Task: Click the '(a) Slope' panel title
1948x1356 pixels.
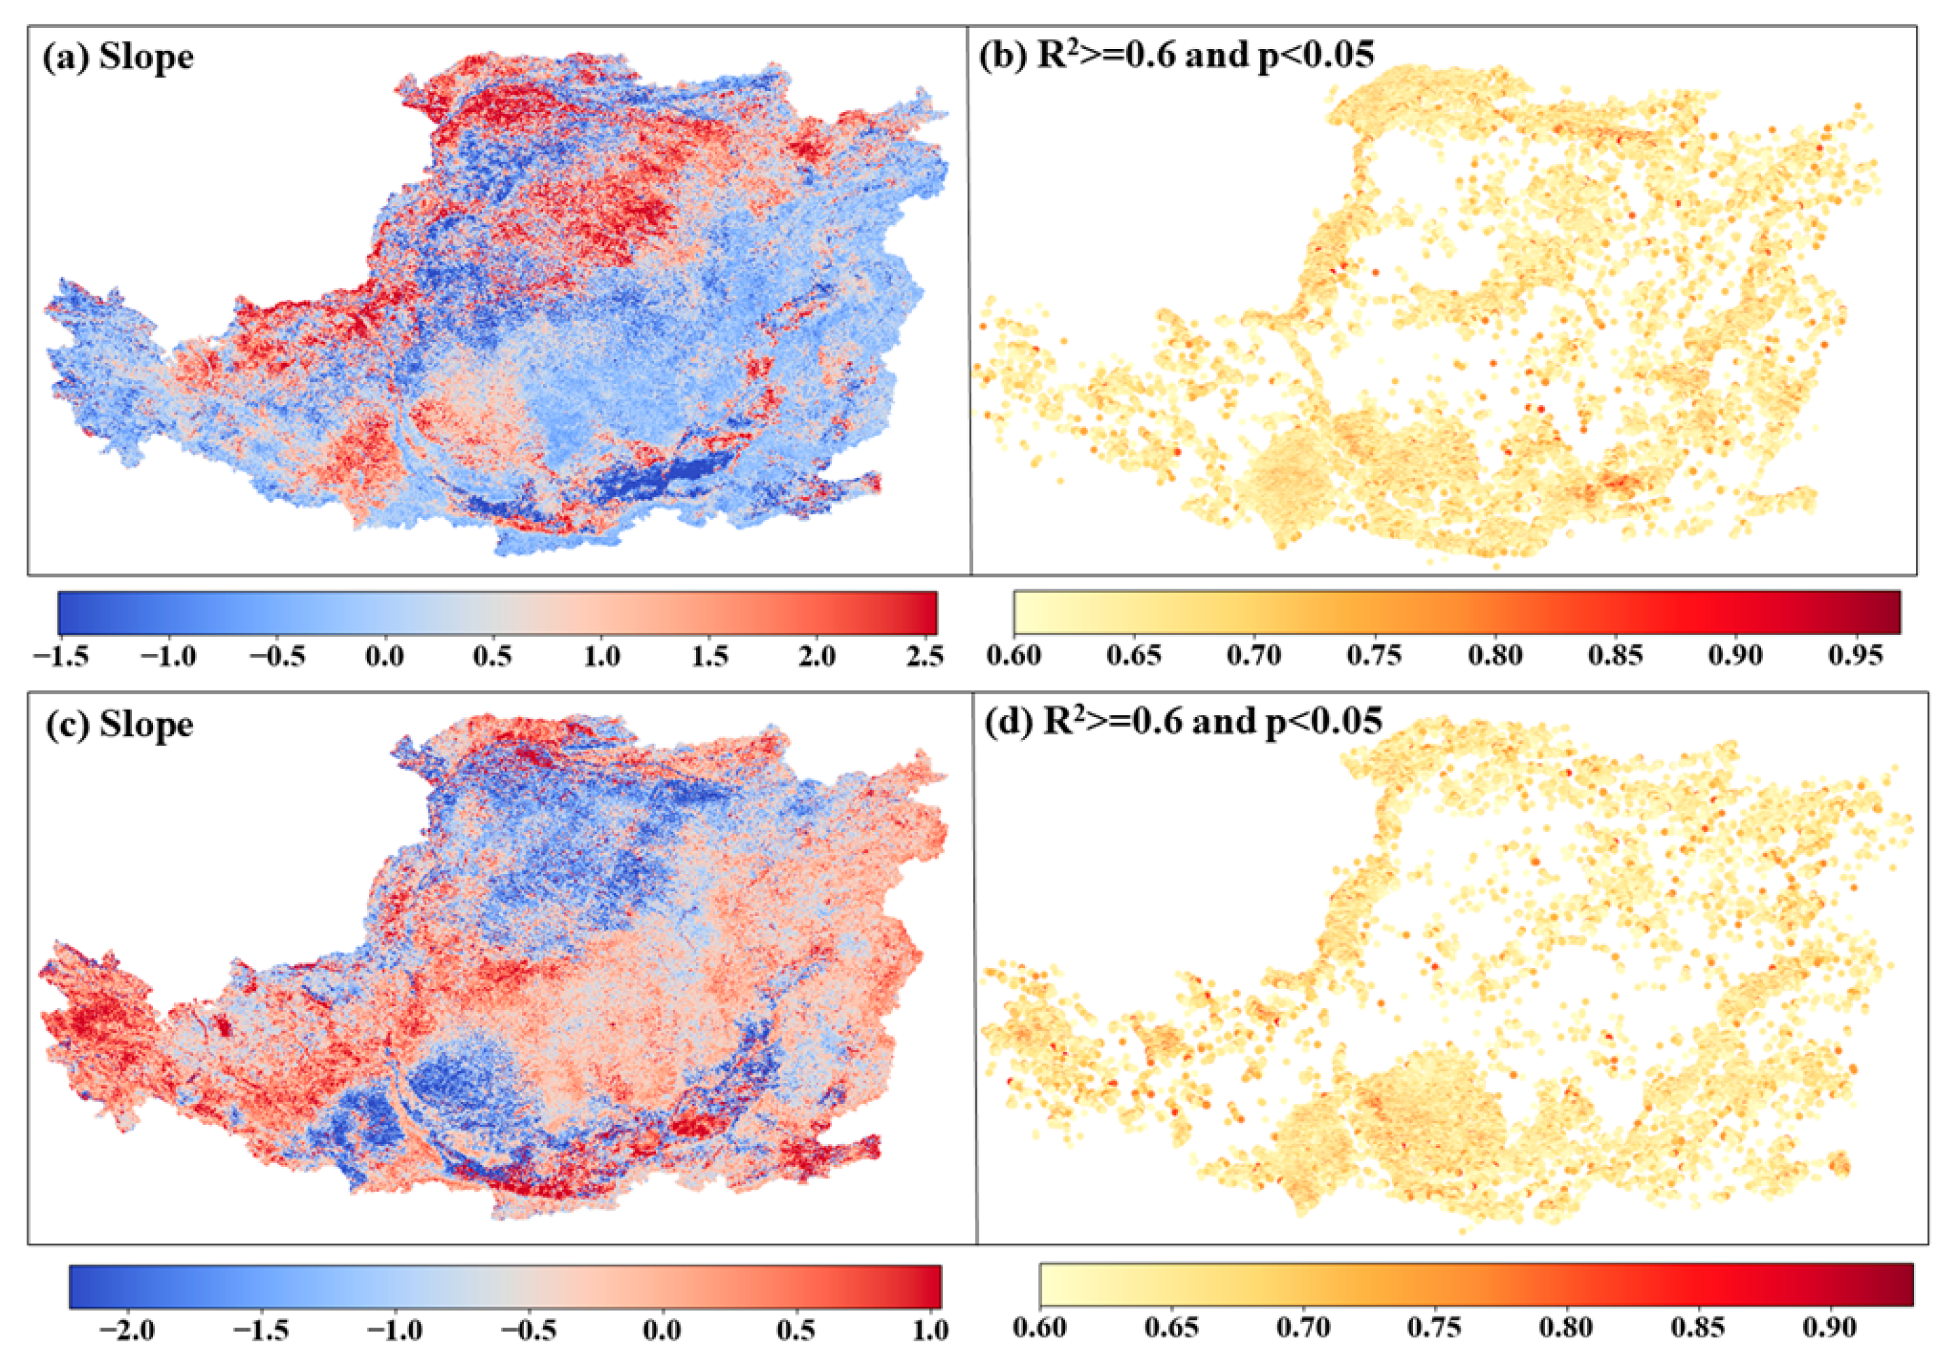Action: (x=118, y=58)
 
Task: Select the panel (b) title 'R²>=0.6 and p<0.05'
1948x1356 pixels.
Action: (x=1176, y=55)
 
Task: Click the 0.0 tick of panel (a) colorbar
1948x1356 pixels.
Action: (x=384, y=656)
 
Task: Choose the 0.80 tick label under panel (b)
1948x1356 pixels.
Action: (x=1496, y=656)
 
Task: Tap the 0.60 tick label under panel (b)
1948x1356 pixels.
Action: (x=1015, y=656)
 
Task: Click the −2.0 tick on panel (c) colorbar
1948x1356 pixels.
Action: (x=126, y=1329)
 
